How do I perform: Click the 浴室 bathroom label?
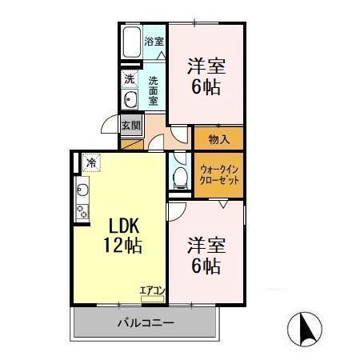[154, 41]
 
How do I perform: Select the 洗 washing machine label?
[130, 79]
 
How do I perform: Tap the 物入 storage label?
[218, 139]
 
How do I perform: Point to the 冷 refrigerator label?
[91, 163]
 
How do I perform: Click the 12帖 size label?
[122, 246]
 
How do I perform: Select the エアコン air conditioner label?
[150, 289]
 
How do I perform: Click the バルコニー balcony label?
[146, 322]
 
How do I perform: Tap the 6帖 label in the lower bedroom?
[205, 266]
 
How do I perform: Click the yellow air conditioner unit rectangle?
[150, 298]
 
